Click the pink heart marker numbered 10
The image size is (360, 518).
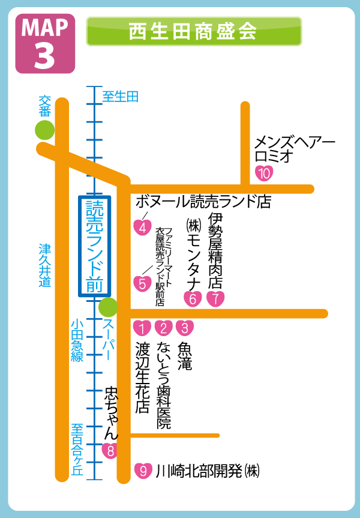tap(264, 173)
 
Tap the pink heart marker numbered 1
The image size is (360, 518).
tap(142, 328)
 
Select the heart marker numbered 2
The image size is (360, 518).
tap(163, 328)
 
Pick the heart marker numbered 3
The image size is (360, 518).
tap(185, 328)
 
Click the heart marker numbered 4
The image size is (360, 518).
tap(142, 227)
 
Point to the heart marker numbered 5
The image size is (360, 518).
tap(142, 283)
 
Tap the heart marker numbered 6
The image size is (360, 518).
tap(193, 298)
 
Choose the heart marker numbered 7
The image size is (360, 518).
tap(216, 298)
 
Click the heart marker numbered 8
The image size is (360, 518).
tap(109, 450)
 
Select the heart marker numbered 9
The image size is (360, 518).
tap(142, 471)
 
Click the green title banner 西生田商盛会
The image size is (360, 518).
tap(194, 31)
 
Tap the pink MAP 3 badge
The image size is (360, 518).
tap(45, 43)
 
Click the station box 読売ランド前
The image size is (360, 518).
tap(95, 246)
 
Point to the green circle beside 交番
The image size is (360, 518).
tap(44, 129)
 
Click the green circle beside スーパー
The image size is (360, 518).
tap(108, 307)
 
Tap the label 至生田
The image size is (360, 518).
tap(120, 96)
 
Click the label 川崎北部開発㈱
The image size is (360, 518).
tap(208, 471)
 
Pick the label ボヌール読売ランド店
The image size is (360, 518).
tap(203, 201)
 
